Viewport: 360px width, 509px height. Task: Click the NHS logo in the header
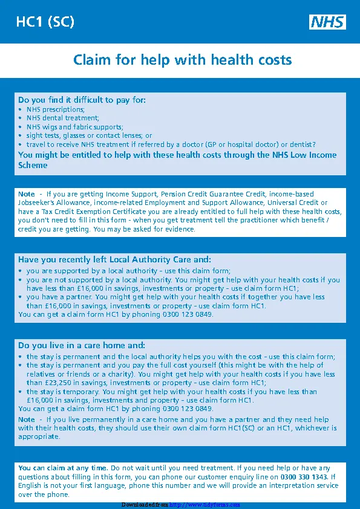327,22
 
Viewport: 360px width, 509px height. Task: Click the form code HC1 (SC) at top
45,22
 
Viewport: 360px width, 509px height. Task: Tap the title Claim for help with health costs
182,60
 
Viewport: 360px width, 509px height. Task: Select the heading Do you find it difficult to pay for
82,100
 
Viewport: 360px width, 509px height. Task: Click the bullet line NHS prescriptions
55,109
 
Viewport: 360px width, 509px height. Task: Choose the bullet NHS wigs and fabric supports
74,127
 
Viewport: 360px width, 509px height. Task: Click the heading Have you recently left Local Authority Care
114,259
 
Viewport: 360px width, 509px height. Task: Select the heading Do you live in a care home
82,345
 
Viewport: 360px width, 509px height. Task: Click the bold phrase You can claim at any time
64,468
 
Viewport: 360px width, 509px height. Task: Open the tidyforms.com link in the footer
205,505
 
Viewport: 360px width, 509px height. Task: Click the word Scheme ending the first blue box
33,164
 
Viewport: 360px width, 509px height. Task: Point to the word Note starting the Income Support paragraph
27,194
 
